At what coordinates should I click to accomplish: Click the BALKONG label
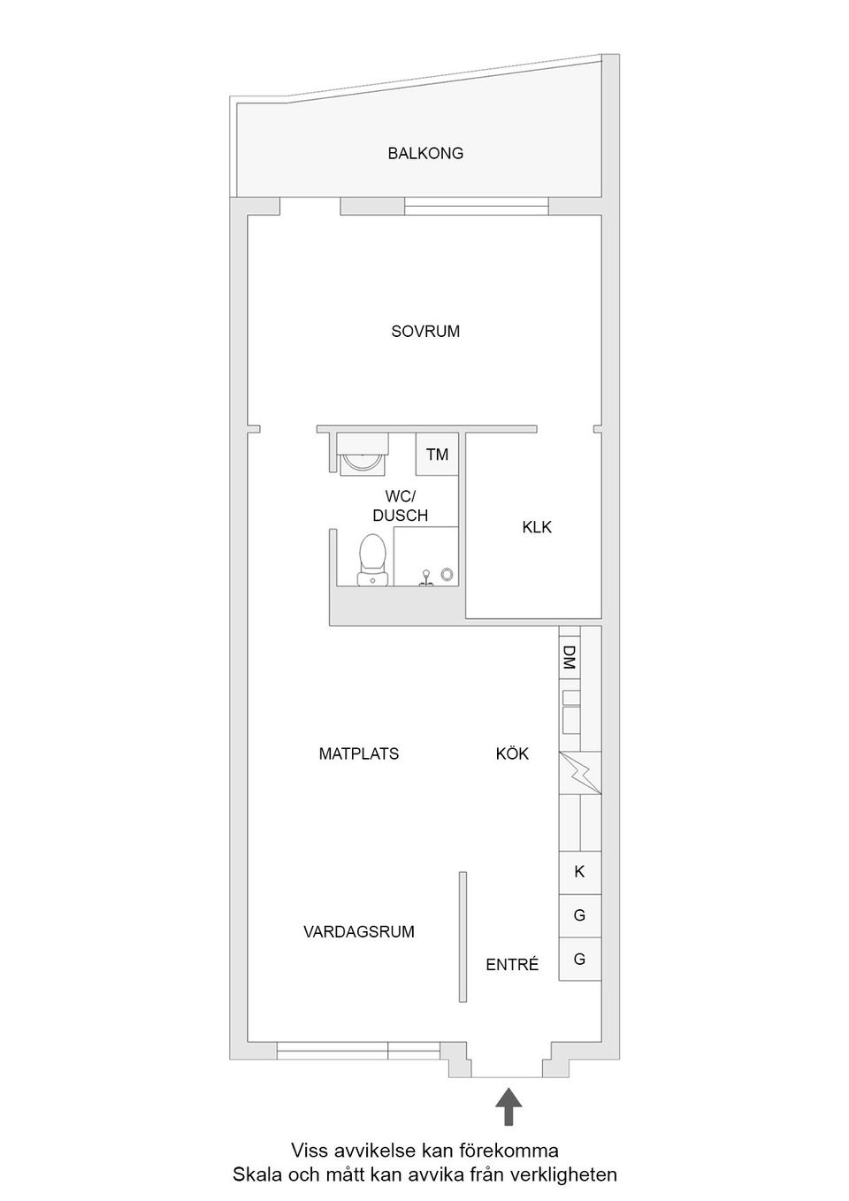coord(424,153)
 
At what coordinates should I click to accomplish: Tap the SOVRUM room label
coord(425,332)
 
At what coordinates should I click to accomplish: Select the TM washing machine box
coord(437,455)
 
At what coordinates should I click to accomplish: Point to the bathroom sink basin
coord(363,458)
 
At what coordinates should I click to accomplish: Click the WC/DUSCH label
coord(400,507)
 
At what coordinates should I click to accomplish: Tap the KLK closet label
coord(536,527)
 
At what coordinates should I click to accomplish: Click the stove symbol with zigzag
coord(579,773)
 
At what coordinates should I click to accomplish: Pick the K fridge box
coord(579,872)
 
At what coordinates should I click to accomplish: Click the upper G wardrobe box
coord(579,915)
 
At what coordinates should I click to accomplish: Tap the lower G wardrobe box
coord(579,959)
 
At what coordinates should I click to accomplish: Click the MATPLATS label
coord(358,754)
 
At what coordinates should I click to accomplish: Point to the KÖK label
coord(512,754)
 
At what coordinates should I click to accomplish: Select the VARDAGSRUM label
coord(358,932)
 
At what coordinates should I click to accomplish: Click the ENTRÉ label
coord(512,965)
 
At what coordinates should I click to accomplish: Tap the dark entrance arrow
coord(508,1106)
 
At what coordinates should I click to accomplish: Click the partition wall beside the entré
coord(462,937)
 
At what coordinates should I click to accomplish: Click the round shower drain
coord(447,575)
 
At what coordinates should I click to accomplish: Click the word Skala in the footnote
coord(255,1175)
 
